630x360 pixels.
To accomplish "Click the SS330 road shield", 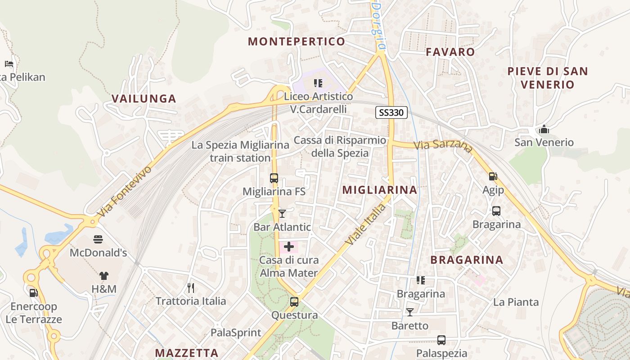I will click(x=391, y=112).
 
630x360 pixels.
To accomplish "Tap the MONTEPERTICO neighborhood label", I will click(x=297, y=41).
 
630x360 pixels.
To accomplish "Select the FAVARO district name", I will click(x=450, y=52).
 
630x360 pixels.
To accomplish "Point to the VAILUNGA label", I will click(x=144, y=99).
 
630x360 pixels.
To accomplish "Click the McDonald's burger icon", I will click(x=98, y=239).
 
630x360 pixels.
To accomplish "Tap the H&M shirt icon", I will click(x=104, y=275).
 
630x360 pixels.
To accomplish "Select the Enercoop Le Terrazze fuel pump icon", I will click(x=34, y=292).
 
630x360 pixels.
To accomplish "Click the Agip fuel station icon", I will click(x=493, y=176).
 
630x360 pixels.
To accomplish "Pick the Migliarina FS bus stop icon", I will click(x=274, y=178).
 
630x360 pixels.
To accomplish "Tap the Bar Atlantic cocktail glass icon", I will click(x=282, y=213).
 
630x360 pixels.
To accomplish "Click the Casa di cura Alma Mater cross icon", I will click(x=289, y=247).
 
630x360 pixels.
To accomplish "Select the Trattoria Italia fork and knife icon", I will click(x=191, y=287).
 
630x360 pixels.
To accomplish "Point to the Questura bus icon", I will click(x=294, y=301).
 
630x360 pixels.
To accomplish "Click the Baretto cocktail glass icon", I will click(x=410, y=312).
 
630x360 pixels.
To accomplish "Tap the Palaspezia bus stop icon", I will click(x=441, y=340).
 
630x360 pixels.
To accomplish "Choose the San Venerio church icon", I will click(x=544, y=130).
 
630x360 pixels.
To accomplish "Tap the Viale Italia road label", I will click(x=365, y=225).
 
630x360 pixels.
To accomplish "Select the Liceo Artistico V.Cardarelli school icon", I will click(x=318, y=83).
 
